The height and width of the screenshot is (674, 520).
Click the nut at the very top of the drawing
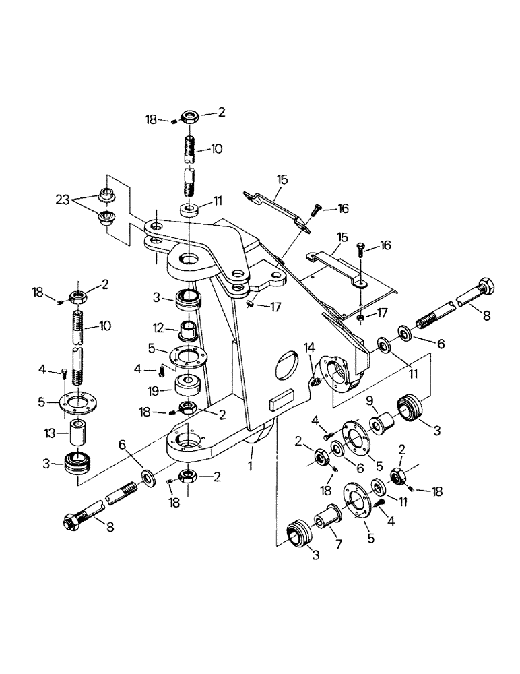click(189, 117)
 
